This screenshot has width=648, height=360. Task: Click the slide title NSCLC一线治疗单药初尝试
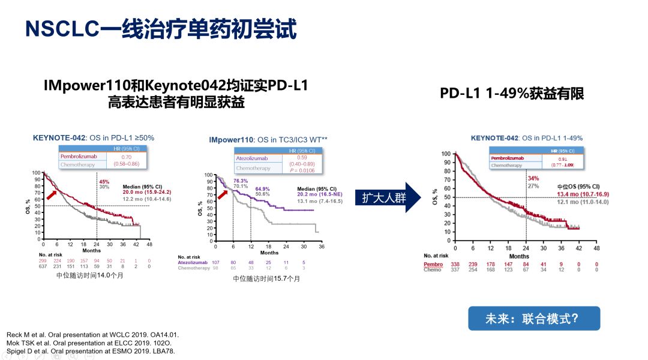[x=161, y=29]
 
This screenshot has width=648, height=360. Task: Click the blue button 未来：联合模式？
[x=533, y=318]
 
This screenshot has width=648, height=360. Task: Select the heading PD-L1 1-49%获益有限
[x=512, y=94]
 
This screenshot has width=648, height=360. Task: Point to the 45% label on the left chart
[x=104, y=182]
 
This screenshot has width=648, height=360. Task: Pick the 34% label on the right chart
[x=533, y=178]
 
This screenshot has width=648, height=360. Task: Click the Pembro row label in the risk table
[x=433, y=264]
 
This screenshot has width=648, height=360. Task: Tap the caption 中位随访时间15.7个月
[x=267, y=279]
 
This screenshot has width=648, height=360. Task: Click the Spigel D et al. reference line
[x=90, y=351]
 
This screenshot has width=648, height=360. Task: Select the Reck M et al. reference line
[x=92, y=334]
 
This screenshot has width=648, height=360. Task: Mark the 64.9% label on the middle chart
[x=262, y=189]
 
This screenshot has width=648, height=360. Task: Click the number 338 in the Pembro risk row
[x=455, y=264]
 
